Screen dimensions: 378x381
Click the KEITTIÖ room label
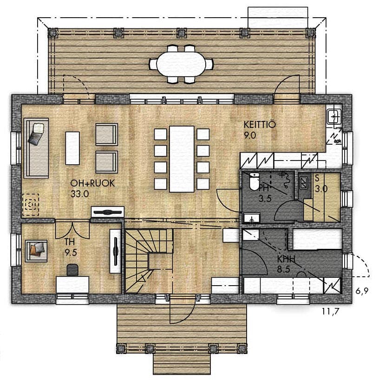tap(260, 125)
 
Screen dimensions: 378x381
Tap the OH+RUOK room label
tap(92, 183)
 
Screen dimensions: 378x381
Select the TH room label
tap(70, 242)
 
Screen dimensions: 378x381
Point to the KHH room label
tap(287, 259)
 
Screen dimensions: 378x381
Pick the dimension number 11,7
tap(330, 311)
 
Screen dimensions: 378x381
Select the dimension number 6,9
tap(362, 291)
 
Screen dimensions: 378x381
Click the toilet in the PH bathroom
tap(254, 181)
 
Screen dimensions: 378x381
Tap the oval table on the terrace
tap(181, 64)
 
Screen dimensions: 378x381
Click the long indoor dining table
tap(182, 159)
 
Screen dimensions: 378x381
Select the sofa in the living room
tap(36, 148)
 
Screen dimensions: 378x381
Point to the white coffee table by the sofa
tap(72, 148)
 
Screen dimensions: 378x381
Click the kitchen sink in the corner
tap(334, 116)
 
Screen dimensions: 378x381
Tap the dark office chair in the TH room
tap(72, 269)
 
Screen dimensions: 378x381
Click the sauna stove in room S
tap(304, 183)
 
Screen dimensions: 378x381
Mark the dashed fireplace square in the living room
tap(31, 205)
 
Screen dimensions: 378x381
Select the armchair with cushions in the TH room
tap(36, 251)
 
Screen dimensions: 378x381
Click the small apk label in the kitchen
tap(337, 141)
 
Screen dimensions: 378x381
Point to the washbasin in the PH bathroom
tap(252, 218)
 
